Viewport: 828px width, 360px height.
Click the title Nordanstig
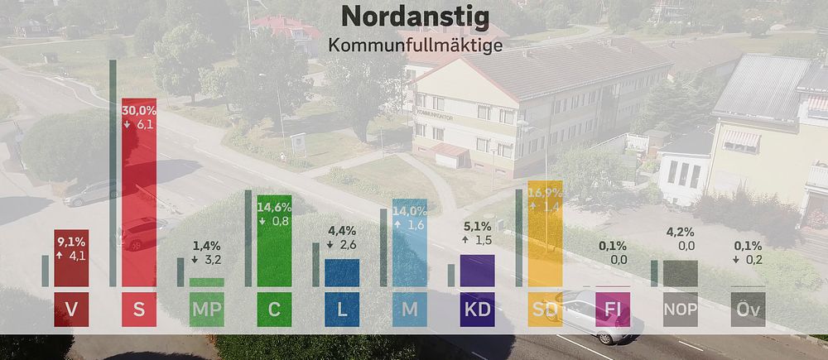pyautogui.click(x=414, y=16)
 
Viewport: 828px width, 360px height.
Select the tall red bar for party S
pyautogui.click(x=139, y=199)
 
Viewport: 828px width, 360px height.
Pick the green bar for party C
pyautogui.click(x=274, y=240)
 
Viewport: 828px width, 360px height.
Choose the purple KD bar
pyautogui.click(x=477, y=270)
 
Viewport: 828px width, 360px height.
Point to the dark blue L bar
pyautogui.click(x=342, y=272)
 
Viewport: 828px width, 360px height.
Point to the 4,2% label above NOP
pyautogui.click(x=681, y=233)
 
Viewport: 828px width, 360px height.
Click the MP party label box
pyautogui.click(x=207, y=310)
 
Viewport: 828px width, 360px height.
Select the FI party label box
pyautogui.click(x=613, y=310)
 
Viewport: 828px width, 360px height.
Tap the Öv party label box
pyautogui.click(x=748, y=310)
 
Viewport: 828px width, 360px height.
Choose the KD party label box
pyautogui.click(x=477, y=310)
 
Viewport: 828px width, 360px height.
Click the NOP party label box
pyautogui.click(x=681, y=310)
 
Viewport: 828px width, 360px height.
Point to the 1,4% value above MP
pyautogui.click(x=207, y=246)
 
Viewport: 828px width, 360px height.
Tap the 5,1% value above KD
pyautogui.click(x=477, y=225)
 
